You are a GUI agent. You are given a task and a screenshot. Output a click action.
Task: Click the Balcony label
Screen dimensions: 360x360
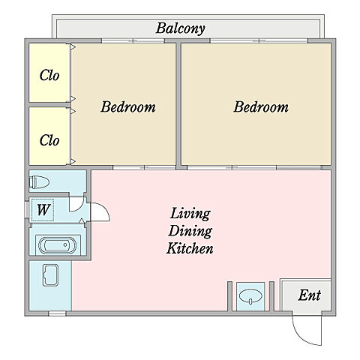pyautogui.click(x=180, y=28)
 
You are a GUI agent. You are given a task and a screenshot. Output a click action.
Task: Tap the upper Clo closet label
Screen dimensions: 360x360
pyautogui.click(x=49, y=75)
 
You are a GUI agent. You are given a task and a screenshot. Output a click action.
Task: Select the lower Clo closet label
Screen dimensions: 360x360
pyautogui.click(x=49, y=140)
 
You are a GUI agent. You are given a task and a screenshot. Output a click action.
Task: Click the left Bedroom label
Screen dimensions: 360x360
pyautogui.click(x=128, y=106)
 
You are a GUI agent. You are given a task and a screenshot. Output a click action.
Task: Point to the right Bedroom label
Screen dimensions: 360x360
pyautogui.click(x=261, y=106)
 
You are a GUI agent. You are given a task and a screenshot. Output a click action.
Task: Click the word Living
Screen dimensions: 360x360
pyautogui.click(x=190, y=214)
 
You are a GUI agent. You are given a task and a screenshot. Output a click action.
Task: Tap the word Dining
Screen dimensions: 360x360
pyautogui.click(x=190, y=231)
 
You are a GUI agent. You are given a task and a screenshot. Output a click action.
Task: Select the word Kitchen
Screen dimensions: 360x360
pyautogui.click(x=190, y=248)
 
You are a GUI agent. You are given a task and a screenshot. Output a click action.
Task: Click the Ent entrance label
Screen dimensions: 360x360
pyautogui.click(x=310, y=295)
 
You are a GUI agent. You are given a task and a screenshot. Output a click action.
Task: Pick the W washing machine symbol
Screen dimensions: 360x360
pyautogui.click(x=43, y=210)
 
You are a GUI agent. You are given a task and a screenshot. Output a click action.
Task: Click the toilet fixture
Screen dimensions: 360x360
pyautogui.click(x=39, y=182)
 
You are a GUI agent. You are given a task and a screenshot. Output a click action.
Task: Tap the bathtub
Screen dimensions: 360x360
pyautogui.click(x=57, y=245)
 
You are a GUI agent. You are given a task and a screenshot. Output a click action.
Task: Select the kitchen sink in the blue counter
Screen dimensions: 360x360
pyautogui.click(x=51, y=275)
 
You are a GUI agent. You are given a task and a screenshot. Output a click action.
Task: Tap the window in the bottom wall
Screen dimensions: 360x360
pyautogui.click(x=57, y=313)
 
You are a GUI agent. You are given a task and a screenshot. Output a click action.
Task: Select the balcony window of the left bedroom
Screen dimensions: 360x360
pyautogui.click(x=133, y=40)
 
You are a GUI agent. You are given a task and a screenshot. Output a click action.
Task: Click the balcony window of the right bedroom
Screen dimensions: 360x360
pyautogui.click(x=259, y=40)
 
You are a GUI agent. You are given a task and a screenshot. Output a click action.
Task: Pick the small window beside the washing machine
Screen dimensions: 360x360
pyautogui.click(x=27, y=209)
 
